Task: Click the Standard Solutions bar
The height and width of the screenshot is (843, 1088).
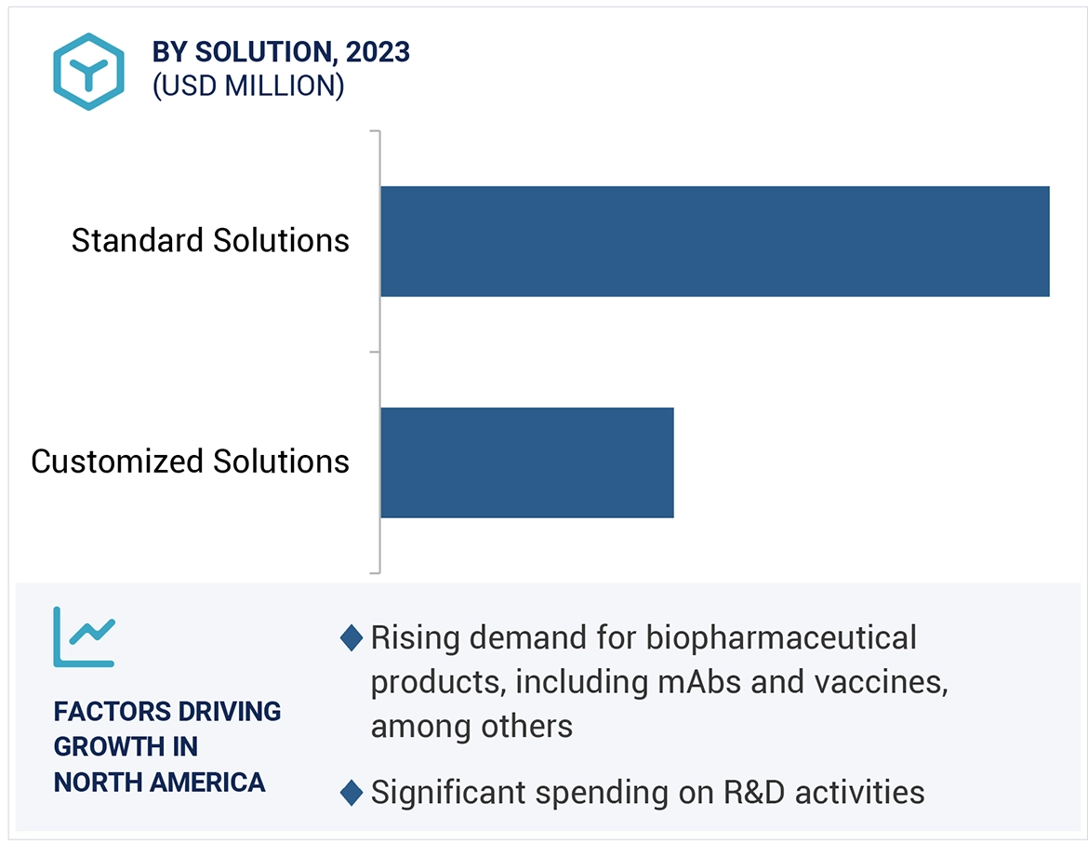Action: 714,241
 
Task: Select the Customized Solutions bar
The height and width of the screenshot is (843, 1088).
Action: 526,462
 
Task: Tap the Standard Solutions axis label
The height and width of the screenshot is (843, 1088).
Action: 210,241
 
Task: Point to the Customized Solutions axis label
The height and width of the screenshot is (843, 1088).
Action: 190,462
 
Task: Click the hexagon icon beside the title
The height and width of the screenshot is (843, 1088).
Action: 88,72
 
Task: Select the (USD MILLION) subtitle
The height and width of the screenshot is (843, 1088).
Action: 248,87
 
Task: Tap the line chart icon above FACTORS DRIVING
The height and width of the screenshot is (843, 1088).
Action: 84,636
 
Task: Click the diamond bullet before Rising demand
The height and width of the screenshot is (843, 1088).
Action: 351,638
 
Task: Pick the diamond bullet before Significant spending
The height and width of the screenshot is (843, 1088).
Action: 351,793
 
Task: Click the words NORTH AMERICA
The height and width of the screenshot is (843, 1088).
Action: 159,782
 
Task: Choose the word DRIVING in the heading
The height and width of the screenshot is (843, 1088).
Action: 230,712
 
